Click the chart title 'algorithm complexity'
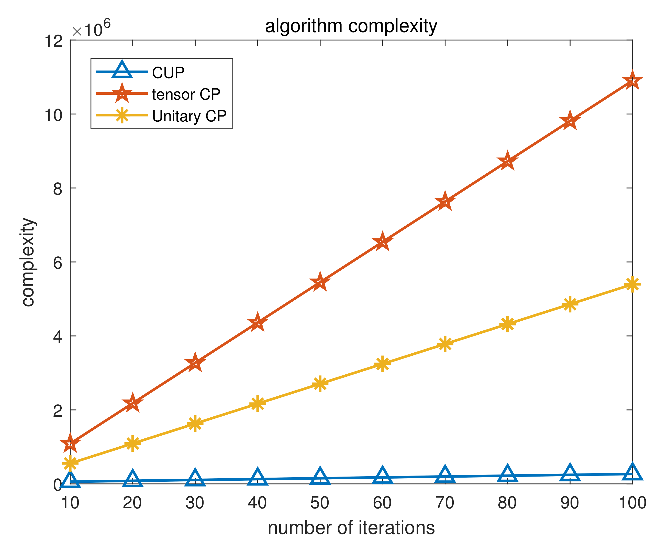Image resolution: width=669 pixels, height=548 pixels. coord(351,26)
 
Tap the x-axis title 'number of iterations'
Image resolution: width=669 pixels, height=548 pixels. coord(351,528)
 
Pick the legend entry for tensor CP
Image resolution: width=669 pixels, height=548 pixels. coord(186,94)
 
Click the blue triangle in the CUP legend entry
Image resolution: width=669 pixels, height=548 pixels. coord(122,71)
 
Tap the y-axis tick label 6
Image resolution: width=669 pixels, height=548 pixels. coord(57,262)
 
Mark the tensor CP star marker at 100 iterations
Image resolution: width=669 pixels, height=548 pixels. coord(632,81)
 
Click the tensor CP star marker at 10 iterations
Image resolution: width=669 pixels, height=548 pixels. coord(70,444)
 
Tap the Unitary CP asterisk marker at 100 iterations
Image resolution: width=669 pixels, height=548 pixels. coord(632,285)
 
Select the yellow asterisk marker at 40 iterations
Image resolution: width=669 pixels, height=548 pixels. coord(258,403)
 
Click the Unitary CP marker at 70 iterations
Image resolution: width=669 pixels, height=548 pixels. coord(445,343)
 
